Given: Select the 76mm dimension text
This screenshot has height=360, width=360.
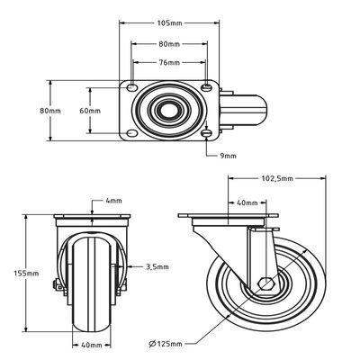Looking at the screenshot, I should [169, 62].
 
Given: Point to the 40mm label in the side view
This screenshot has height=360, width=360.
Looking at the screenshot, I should [244, 202].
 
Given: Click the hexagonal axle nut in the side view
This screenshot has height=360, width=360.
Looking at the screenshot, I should [268, 287].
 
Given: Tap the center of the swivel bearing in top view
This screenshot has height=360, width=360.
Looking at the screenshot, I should [168, 111].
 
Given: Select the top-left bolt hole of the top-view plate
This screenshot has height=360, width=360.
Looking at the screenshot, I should [132, 87].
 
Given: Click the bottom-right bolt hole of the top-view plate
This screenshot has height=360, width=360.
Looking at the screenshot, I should [207, 135].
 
